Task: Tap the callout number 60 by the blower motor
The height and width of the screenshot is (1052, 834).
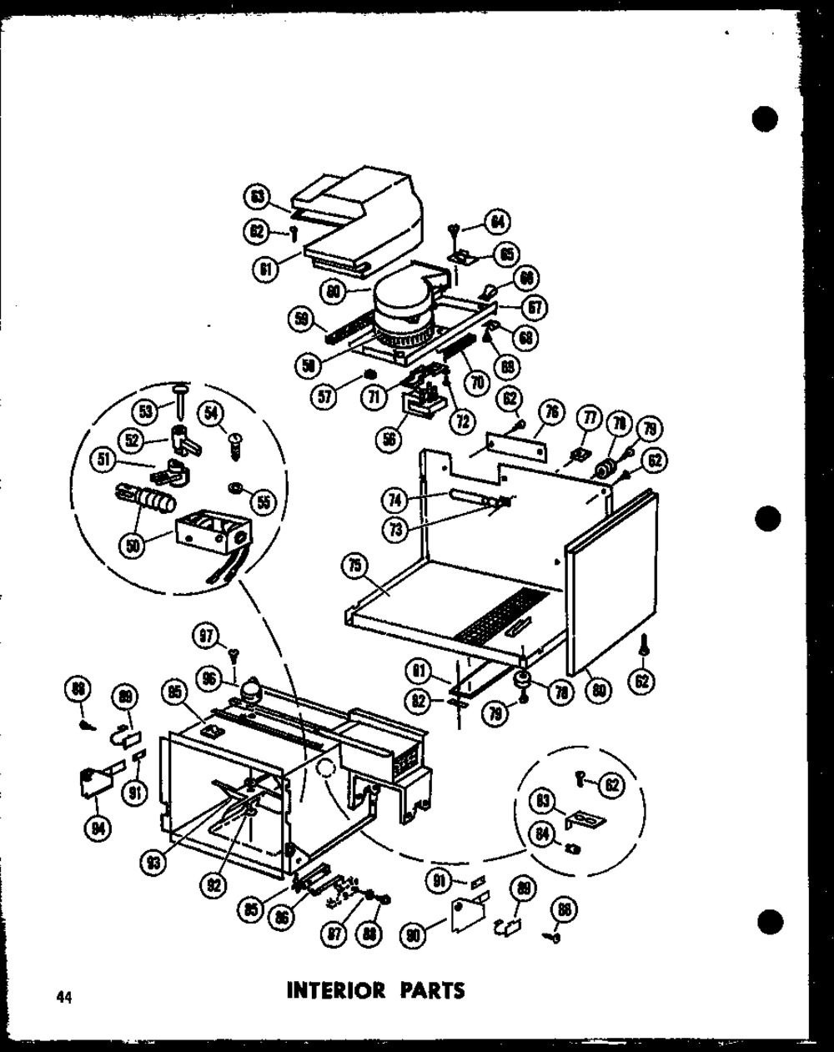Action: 334,291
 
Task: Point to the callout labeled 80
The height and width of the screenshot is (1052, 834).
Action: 600,689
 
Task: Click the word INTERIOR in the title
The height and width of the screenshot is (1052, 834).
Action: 335,991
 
